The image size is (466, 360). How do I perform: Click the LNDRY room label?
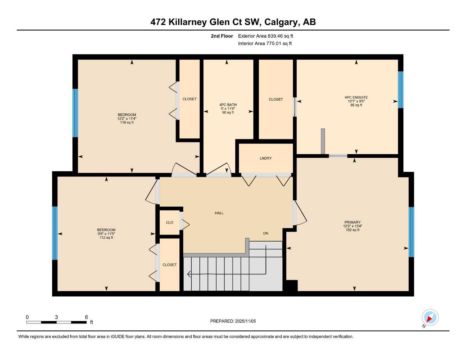tap(266, 158)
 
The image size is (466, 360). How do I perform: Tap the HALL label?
tap(219, 213)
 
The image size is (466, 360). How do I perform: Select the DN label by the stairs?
tap(266, 233)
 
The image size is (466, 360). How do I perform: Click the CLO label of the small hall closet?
tap(170, 223)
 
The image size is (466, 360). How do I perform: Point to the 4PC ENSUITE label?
tap(356, 97)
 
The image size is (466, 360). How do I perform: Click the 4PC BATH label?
tap(228, 105)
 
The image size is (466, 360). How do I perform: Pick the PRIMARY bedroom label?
tap(352, 222)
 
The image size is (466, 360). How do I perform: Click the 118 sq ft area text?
tap(127, 123)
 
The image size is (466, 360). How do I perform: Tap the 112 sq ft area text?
tap(106, 238)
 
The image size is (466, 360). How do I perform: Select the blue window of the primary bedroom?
tap(411, 232)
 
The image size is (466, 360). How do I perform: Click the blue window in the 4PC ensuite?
tap(400, 90)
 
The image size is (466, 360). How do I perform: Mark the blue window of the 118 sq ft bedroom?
tap(75, 113)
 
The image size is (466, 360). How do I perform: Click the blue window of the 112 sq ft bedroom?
tap(55, 233)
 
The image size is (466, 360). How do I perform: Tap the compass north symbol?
tap(430, 318)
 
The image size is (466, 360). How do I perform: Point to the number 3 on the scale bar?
tap(56, 317)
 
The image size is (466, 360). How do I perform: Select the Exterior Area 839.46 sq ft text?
tap(266, 36)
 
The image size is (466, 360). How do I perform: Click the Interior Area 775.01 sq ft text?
tap(265, 44)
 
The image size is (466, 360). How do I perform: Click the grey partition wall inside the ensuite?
tap(323, 141)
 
